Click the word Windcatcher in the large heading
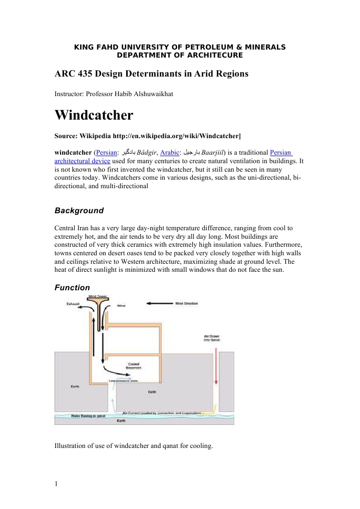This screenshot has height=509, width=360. [x=94, y=116]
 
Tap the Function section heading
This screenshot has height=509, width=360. [x=72, y=288]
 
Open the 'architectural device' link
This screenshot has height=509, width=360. [x=82, y=161]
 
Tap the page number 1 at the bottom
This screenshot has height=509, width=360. [x=57, y=483]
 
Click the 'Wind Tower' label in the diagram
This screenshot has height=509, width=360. [x=96, y=296]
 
